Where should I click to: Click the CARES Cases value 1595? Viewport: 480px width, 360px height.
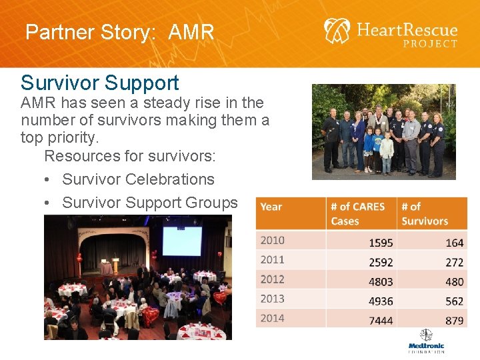click(381, 243)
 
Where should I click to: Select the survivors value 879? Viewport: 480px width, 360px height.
click(454, 321)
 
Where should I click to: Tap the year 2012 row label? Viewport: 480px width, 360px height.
click(273, 279)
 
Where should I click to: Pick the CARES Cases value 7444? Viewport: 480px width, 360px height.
click(381, 321)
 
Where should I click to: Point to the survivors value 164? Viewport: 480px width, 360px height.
click(454, 243)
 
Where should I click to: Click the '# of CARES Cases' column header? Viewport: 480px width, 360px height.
click(358, 213)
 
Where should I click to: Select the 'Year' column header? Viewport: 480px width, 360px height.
click(271, 207)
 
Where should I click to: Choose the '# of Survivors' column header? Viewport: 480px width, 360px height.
click(425, 213)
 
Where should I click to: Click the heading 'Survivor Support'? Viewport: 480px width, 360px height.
click(100, 83)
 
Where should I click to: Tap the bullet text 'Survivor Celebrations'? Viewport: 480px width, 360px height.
click(138, 179)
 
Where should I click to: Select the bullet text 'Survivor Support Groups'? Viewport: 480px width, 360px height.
click(149, 203)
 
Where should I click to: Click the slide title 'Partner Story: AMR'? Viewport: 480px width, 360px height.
click(120, 32)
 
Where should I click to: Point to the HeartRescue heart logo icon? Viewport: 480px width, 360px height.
click(337, 31)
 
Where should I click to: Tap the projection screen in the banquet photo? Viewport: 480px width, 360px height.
click(181, 241)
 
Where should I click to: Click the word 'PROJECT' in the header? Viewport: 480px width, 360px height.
click(430, 44)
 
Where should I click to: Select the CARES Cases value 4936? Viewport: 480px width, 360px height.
click(381, 301)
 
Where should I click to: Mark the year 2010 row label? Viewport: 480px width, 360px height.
click(273, 241)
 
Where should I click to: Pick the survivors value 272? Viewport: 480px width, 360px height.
click(454, 263)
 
